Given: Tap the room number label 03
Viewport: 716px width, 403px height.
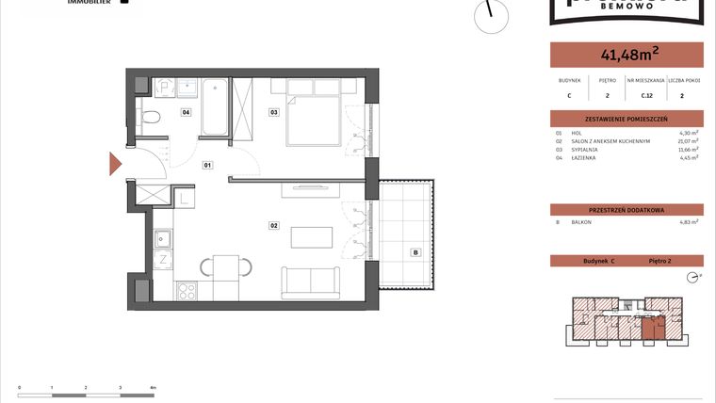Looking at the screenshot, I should coord(273,112).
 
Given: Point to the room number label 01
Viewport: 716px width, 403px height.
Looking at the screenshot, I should coord(208,165).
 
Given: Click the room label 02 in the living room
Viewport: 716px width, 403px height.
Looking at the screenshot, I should coord(273,226).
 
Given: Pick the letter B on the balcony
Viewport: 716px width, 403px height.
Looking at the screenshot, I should coord(414,251).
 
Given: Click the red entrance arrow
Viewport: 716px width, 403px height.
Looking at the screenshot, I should coord(115,164).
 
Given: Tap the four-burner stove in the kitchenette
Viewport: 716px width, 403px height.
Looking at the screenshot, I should coord(187,291).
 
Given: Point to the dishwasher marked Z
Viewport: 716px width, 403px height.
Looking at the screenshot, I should coord(162,260).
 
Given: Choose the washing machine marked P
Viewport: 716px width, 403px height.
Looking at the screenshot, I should coord(163,86).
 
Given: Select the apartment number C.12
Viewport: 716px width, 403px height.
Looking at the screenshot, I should coord(647,95).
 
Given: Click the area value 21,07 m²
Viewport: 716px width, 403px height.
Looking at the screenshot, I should coord(688,141).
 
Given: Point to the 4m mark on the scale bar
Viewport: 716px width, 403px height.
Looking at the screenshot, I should coord(154,387).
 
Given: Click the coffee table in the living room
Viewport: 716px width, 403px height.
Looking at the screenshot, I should coord(311,237).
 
